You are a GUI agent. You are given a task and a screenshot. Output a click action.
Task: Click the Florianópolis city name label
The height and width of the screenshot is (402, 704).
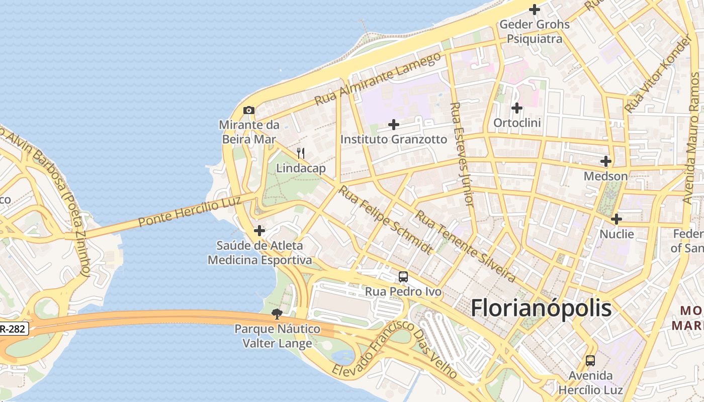541,308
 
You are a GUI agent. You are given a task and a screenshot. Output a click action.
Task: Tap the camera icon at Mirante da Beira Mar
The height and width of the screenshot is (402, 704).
249,110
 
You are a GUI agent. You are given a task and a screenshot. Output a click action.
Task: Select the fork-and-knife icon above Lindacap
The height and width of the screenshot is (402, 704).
301,153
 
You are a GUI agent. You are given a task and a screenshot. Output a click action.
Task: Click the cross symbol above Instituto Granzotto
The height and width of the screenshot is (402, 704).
394,124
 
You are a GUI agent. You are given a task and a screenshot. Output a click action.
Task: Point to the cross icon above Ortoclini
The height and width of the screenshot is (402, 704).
517,108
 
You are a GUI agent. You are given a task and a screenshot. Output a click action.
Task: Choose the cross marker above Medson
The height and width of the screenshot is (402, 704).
606,161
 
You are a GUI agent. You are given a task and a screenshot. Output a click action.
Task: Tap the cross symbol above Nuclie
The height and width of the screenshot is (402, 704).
617,219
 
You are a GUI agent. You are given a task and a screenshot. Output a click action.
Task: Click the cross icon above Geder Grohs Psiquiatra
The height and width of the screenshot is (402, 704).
535,9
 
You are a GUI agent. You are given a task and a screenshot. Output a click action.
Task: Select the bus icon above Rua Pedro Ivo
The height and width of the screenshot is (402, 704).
403,276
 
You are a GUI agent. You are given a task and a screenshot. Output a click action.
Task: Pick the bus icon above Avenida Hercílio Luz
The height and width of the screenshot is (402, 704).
590,360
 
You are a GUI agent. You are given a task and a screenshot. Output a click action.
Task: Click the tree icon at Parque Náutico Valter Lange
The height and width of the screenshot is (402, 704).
277,314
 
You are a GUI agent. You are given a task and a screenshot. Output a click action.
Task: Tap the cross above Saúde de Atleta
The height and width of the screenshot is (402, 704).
259,231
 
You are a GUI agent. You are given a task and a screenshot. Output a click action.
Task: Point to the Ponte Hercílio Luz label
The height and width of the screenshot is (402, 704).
190,212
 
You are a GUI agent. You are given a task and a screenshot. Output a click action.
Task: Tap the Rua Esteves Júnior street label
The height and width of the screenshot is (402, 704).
463,155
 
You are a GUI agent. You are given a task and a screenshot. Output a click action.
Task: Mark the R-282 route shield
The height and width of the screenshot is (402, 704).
13,329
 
